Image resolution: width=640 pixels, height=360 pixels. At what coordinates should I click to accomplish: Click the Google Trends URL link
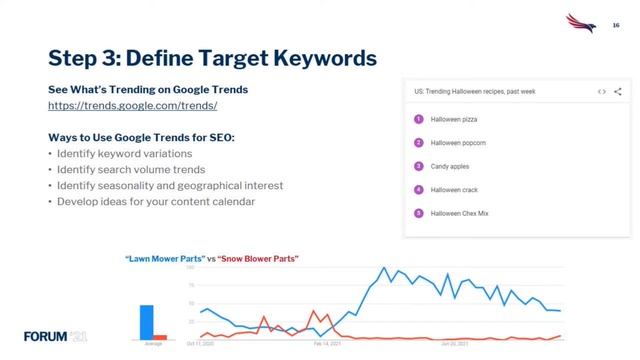tap(132, 105)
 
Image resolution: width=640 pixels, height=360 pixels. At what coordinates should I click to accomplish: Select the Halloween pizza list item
tap(452, 119)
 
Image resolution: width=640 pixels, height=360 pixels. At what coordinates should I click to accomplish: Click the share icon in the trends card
tap(618, 91)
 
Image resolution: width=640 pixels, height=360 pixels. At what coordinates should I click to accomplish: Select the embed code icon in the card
tap(601, 91)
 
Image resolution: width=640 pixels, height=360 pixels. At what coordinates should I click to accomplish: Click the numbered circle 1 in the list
tap(418, 119)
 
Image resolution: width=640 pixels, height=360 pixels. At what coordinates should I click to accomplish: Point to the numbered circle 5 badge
tap(418, 213)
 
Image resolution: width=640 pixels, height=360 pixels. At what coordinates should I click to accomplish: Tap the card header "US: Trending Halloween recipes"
tap(475, 91)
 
